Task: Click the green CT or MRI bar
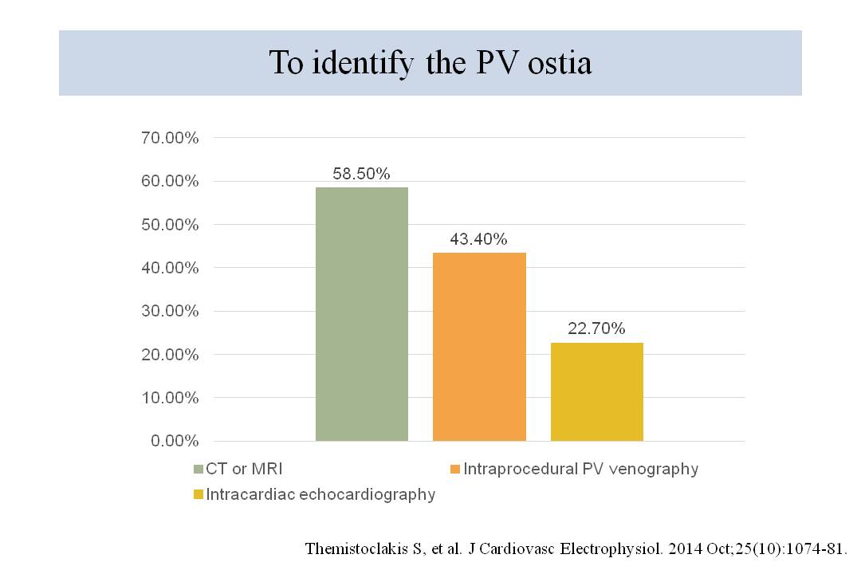click(x=362, y=314)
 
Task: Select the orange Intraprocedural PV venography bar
click(x=479, y=347)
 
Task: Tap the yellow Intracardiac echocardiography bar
click(x=596, y=391)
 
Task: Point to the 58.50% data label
click(x=361, y=174)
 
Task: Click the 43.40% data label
click(x=478, y=239)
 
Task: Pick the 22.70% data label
click(x=596, y=328)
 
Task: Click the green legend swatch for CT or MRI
click(x=199, y=470)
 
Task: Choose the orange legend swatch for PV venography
click(x=455, y=470)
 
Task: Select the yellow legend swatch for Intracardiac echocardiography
click(x=199, y=495)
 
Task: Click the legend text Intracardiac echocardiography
click(x=320, y=494)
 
